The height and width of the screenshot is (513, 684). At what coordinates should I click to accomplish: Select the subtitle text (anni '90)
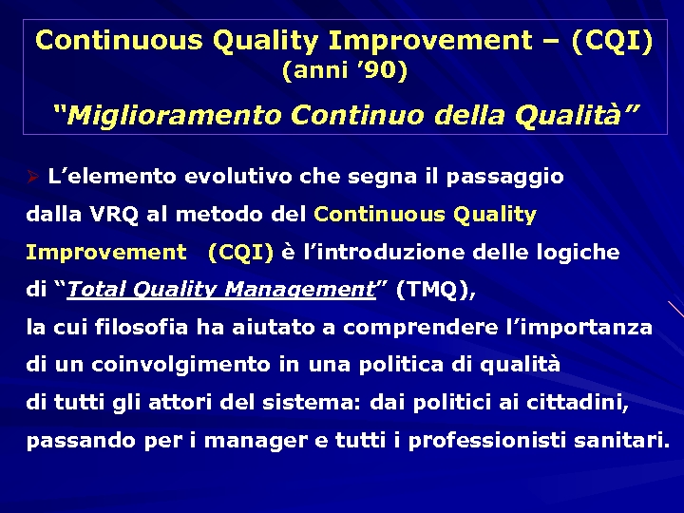345,70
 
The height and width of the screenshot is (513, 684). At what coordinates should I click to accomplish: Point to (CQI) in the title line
612,41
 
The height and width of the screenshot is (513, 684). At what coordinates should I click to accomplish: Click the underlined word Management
310,291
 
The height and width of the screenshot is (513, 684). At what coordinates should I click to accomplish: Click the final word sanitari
631,441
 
